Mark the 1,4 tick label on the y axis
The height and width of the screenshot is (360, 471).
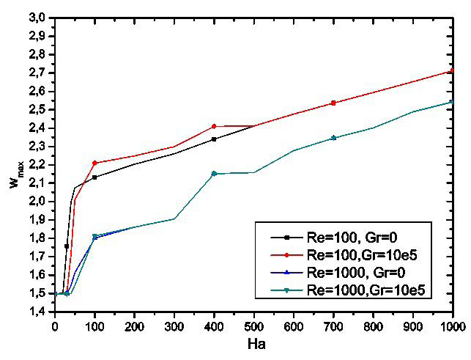click(x=38, y=312)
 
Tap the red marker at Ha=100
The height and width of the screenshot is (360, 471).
click(x=94, y=163)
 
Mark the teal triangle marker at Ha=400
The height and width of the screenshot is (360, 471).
click(x=214, y=174)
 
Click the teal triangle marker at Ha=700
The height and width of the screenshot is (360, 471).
click(x=333, y=138)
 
